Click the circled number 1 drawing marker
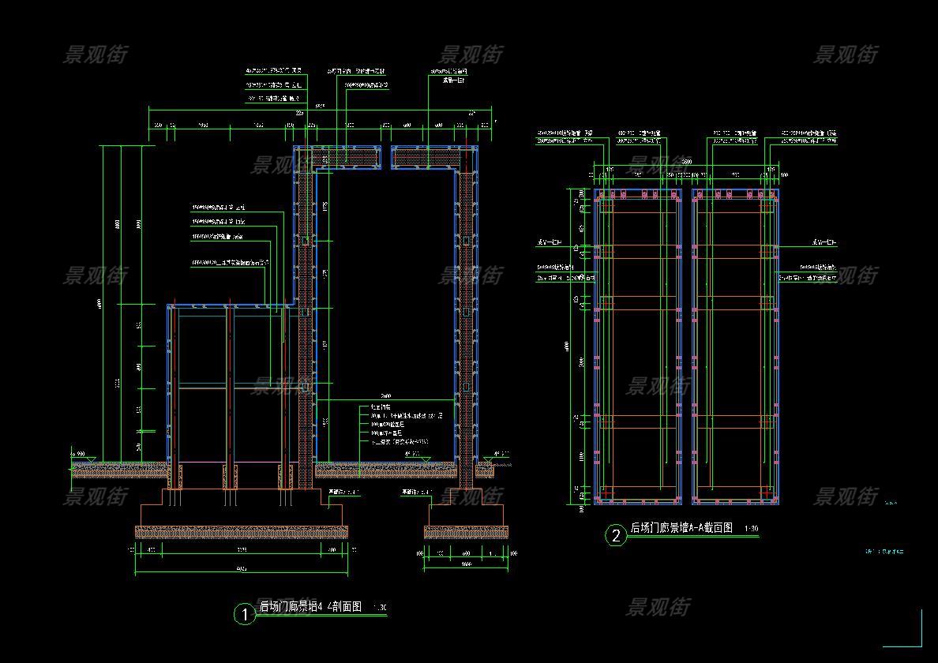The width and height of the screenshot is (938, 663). click(x=246, y=613)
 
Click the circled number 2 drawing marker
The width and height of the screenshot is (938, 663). click(x=616, y=536)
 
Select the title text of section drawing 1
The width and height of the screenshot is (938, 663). click(x=310, y=607)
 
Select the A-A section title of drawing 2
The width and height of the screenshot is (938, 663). click(x=681, y=528)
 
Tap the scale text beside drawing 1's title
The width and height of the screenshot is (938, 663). click(x=380, y=608)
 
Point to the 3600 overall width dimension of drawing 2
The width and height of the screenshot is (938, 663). click(x=686, y=161)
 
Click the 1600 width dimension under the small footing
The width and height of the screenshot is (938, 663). click(x=466, y=564)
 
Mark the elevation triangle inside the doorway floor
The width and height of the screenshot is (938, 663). click(x=426, y=459)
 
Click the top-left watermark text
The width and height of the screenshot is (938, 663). click(x=95, y=54)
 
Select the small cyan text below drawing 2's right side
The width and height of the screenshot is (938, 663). click(x=884, y=551)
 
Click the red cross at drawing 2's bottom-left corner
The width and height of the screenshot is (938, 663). click(x=598, y=500)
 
